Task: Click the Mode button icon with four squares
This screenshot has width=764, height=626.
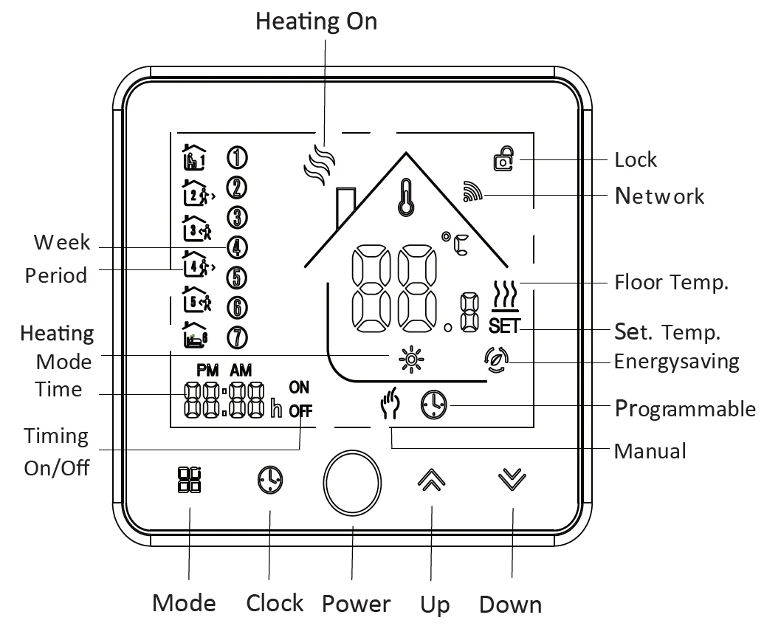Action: click(189, 480)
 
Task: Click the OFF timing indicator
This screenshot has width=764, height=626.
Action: click(300, 411)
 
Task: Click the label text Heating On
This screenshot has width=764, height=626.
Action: click(316, 21)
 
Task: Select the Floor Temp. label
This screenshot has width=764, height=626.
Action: click(672, 282)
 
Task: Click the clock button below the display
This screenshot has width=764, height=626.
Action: click(269, 480)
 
